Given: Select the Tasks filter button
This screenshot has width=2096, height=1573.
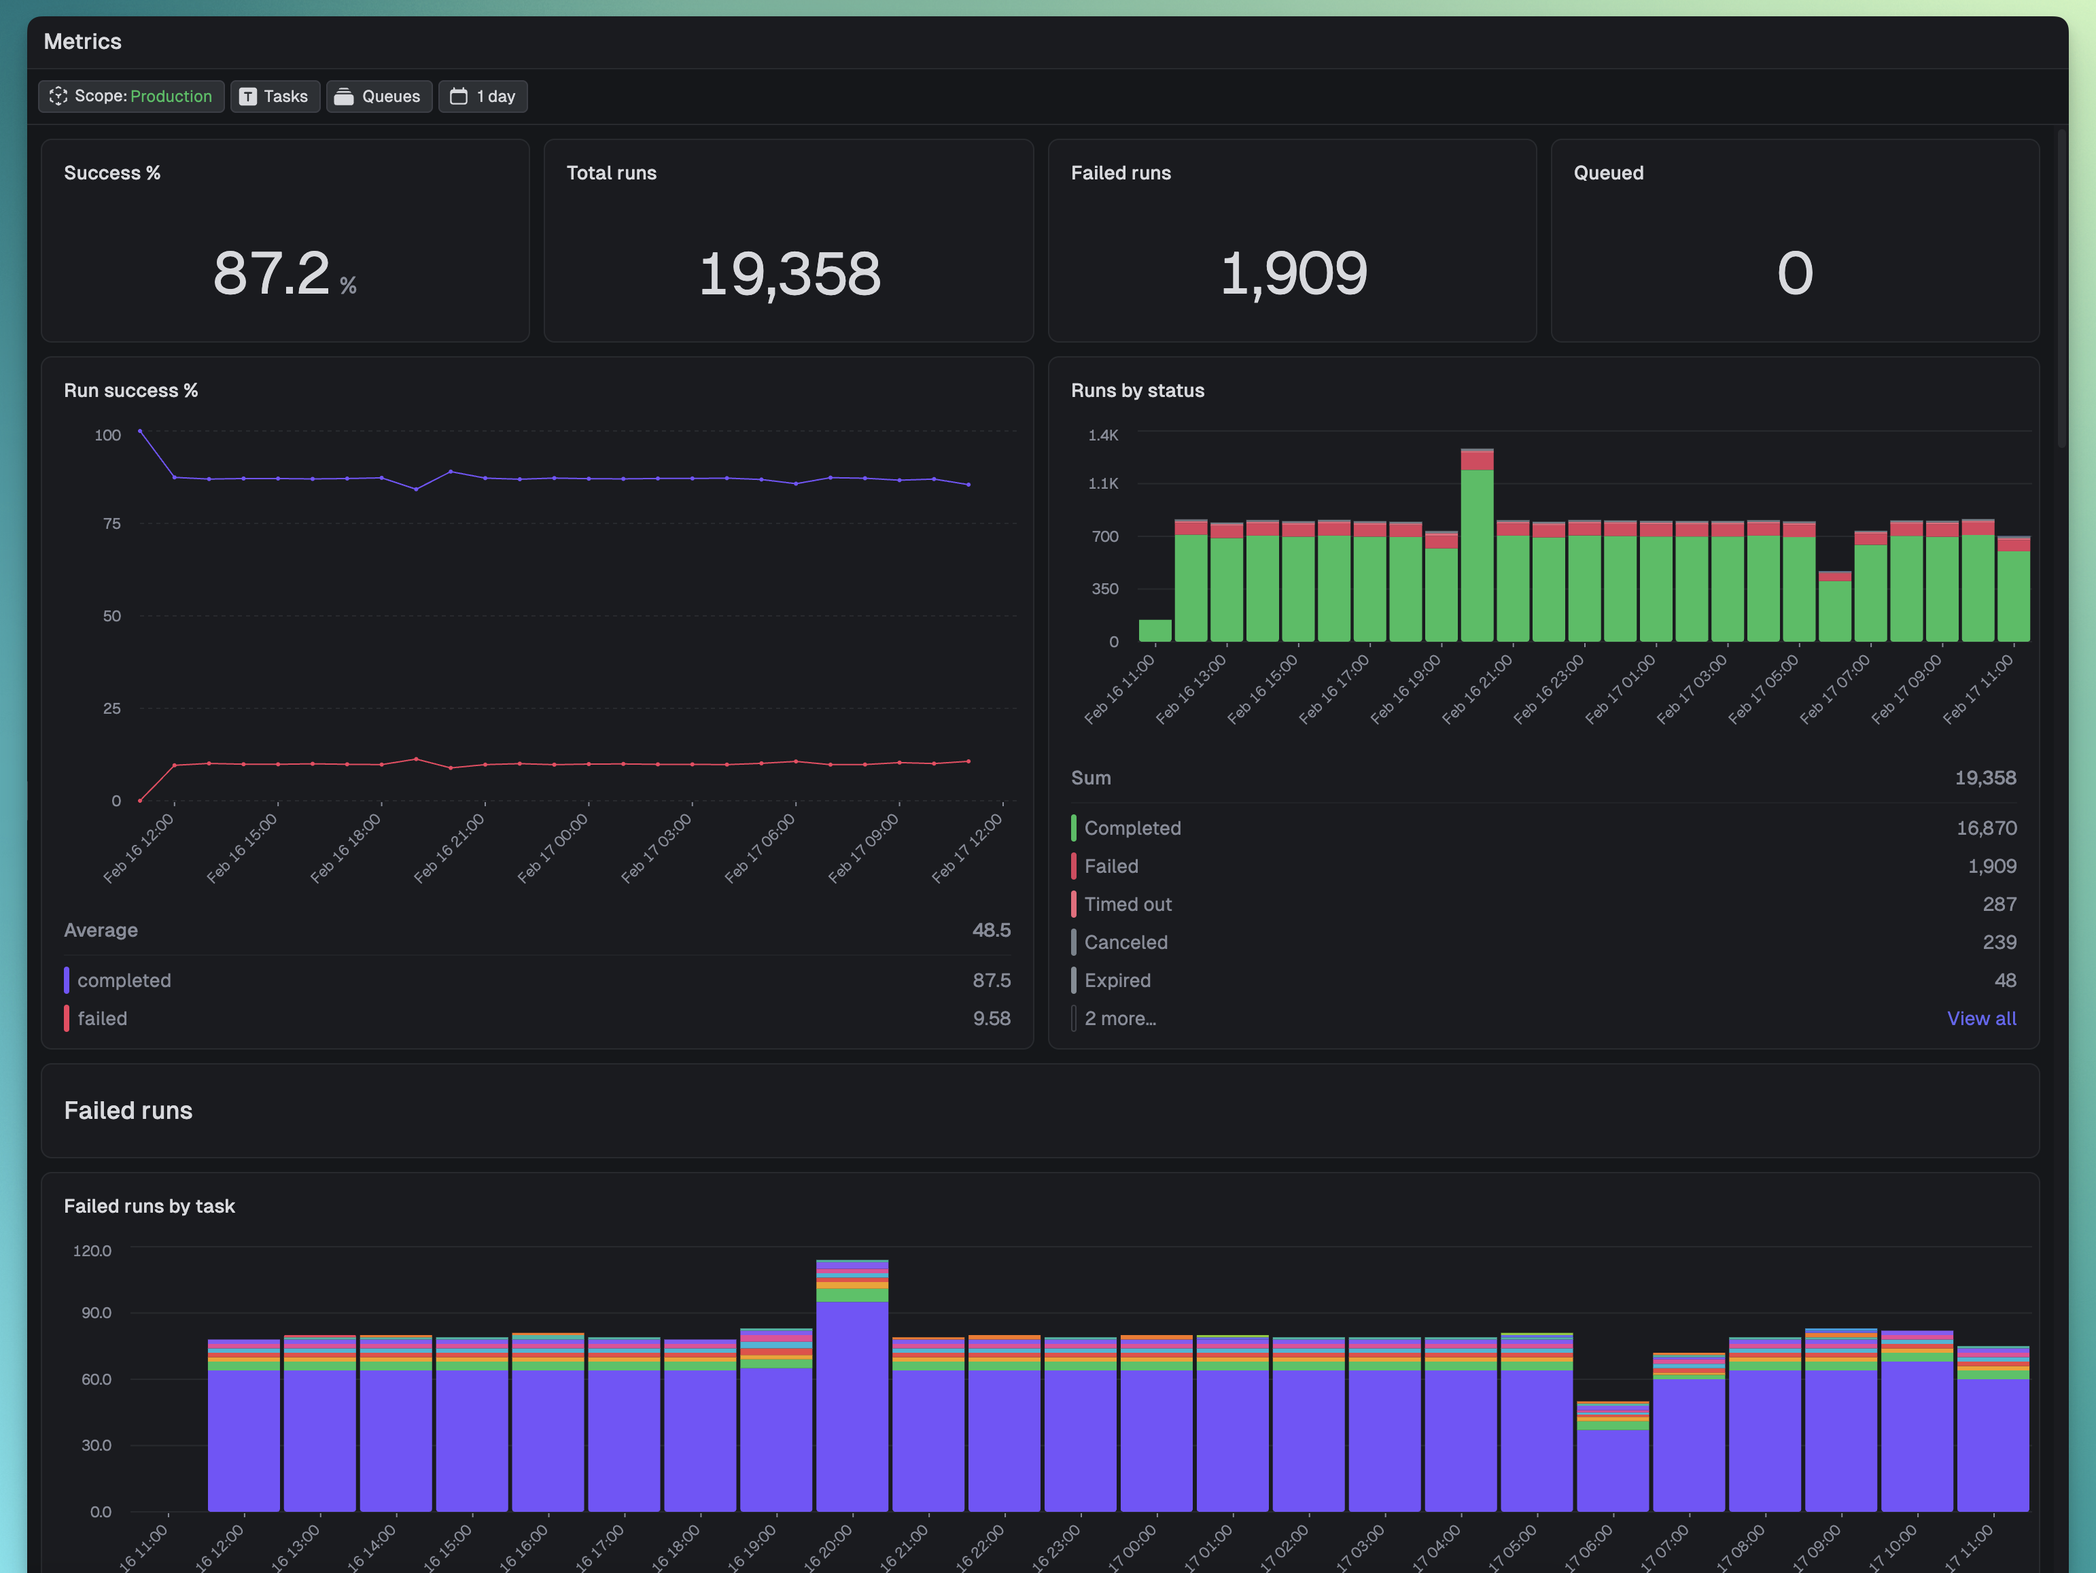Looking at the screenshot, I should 275,97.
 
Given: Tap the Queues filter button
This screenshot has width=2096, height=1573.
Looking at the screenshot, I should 379,97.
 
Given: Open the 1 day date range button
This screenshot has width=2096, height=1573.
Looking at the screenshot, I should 483,97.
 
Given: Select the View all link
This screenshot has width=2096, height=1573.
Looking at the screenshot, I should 1980,1019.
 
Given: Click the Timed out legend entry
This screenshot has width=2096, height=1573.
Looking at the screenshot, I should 1128,905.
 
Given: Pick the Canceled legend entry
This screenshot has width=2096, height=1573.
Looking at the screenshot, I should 1125,943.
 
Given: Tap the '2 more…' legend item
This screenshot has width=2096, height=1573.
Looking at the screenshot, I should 1120,1019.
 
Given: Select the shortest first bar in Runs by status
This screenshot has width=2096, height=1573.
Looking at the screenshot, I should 1155,631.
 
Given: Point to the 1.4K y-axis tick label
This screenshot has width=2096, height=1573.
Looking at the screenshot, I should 1103,435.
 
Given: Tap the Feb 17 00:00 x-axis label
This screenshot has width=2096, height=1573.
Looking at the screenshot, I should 553,849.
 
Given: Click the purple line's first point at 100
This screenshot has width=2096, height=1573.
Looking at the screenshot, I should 140,431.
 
